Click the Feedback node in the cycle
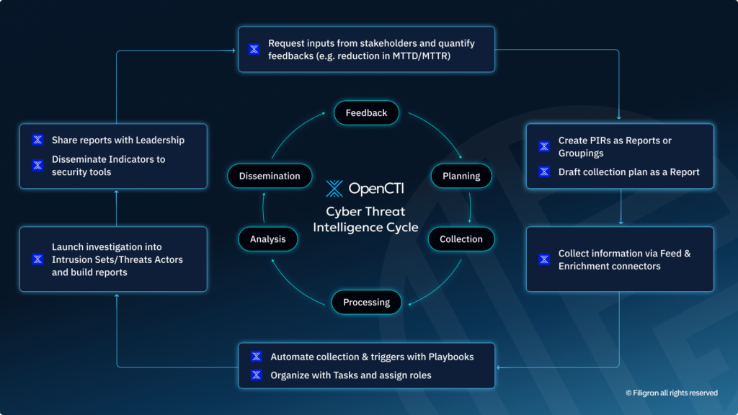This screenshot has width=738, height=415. [366, 113]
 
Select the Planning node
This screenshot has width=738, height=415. [461, 176]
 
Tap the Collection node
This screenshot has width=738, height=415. [461, 239]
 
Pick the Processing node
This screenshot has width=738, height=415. [366, 302]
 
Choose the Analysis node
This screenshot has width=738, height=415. [267, 239]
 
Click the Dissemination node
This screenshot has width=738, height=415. [270, 176]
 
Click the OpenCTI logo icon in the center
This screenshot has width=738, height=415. [334, 189]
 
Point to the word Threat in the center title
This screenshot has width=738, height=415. [386, 212]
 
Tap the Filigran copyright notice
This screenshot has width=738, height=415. [671, 393]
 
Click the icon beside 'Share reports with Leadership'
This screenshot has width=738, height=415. [37, 140]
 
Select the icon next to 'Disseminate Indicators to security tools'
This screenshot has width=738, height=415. [37, 166]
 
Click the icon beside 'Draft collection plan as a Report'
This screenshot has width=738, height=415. [545, 172]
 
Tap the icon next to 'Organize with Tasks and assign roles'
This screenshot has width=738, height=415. [256, 375]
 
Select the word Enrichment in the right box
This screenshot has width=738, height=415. [583, 266]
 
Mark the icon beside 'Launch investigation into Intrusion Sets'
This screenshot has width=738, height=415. [37, 259]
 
